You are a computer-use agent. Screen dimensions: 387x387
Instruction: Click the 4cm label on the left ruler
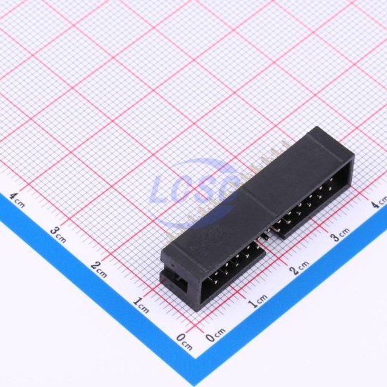pyautogui.click(x=17, y=200)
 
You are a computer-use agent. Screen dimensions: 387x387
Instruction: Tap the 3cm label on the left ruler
pyautogui.click(x=58, y=235)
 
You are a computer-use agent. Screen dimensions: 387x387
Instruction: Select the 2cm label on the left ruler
pyautogui.click(x=99, y=269)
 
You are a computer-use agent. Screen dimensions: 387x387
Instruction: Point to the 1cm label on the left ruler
pyautogui.click(x=141, y=305)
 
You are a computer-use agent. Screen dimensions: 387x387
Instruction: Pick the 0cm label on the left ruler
pyautogui.click(x=184, y=342)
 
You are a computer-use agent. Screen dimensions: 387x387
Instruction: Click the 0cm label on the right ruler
pyautogui.click(x=215, y=335)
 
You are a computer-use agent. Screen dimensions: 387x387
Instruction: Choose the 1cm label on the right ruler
pyautogui.click(x=258, y=300)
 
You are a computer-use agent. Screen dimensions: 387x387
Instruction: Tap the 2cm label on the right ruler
pyautogui.click(x=299, y=267)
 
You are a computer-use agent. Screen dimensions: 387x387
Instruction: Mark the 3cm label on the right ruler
pyautogui.click(x=340, y=234)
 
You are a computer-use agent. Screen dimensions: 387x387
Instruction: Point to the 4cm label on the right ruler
pyautogui.click(x=379, y=201)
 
